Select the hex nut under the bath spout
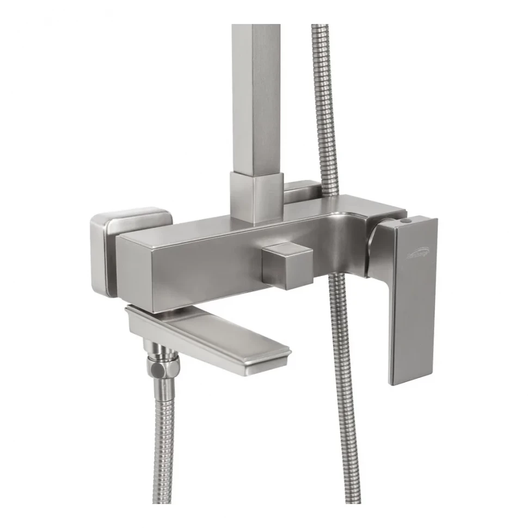157,369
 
